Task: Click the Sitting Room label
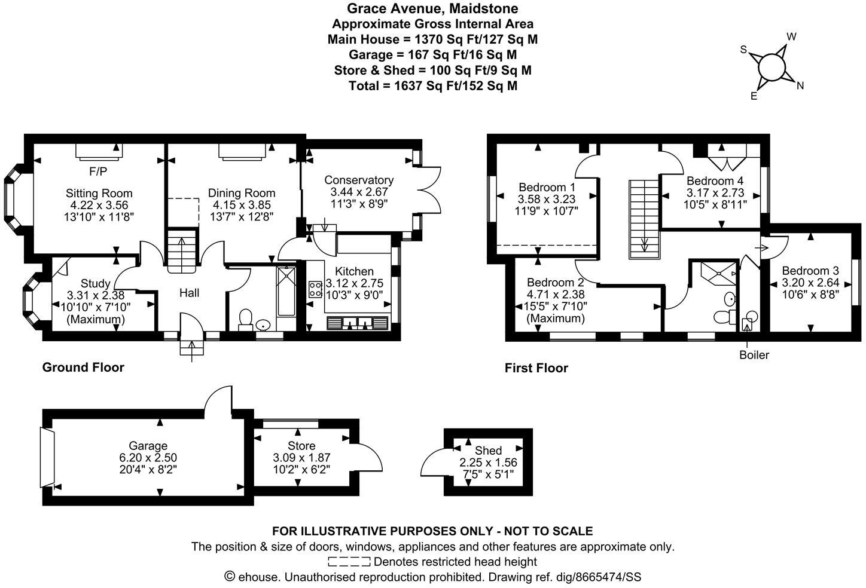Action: click(99, 194)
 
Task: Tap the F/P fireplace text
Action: click(98, 172)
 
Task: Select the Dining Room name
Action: click(242, 193)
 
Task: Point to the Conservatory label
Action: click(359, 180)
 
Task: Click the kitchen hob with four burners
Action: click(315, 289)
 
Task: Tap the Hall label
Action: click(190, 293)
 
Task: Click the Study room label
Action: click(96, 283)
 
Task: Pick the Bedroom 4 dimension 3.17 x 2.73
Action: click(715, 192)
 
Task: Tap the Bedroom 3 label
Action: click(810, 269)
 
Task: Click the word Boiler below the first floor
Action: click(754, 355)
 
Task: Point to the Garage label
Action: click(148, 446)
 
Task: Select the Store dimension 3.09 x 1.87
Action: click(301, 458)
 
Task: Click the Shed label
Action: click(488, 451)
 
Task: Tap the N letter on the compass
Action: click(800, 85)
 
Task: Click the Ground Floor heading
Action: click(83, 367)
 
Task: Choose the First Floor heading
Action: click(536, 368)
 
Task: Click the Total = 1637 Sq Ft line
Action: click(433, 85)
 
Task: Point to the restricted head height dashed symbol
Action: click(349, 562)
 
